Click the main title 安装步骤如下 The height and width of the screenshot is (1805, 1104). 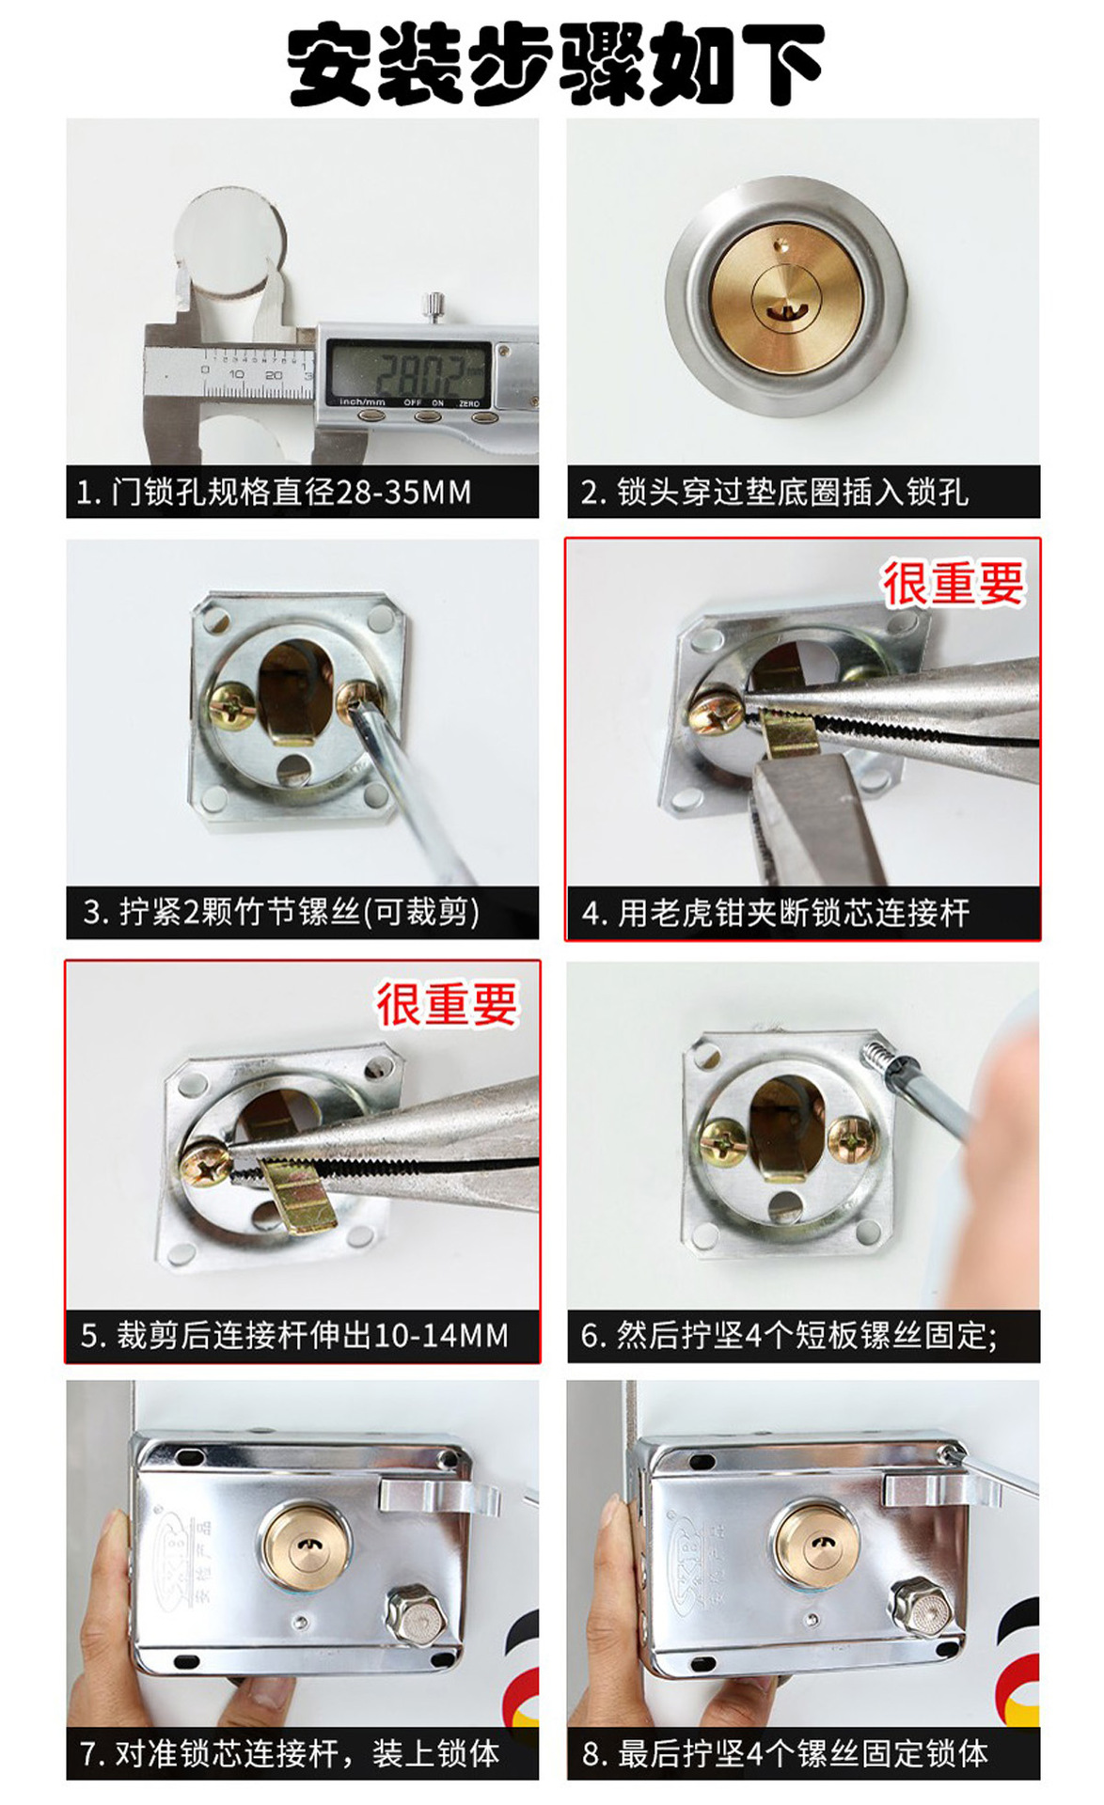point(555,64)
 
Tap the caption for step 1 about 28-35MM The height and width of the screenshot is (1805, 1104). point(274,492)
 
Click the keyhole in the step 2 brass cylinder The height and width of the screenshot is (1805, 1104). point(778,307)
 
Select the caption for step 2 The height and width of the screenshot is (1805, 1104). point(774,492)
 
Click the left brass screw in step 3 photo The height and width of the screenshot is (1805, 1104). point(230,703)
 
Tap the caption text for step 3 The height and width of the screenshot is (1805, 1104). point(281,912)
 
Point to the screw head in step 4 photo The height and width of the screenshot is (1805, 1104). point(715,716)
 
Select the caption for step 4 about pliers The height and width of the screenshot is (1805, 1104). point(775,913)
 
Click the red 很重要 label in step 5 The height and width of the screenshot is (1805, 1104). point(447,1004)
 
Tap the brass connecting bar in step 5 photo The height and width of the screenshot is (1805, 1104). point(299,1194)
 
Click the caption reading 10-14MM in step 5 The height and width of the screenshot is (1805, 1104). point(293,1335)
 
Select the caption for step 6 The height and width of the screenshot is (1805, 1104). point(788,1335)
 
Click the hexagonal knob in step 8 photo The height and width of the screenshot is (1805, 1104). point(921,1611)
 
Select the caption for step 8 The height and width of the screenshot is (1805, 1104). point(785,1753)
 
